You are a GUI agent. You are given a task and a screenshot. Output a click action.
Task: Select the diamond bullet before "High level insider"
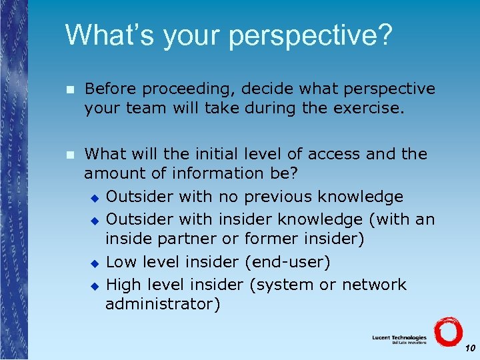tap(94, 285)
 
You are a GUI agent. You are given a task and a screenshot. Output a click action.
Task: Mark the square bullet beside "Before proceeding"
tap(69, 89)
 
